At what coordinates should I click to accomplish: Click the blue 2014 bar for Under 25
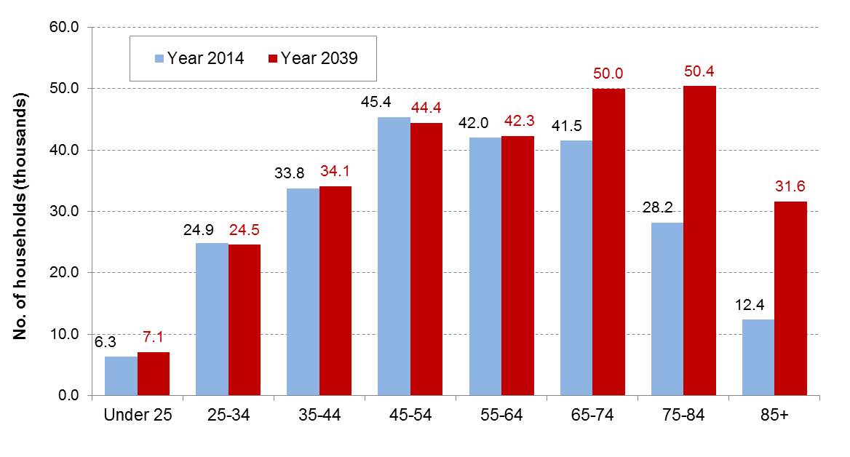(x=121, y=376)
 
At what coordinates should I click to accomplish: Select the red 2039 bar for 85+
(x=790, y=298)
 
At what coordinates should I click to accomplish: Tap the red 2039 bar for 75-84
(x=699, y=241)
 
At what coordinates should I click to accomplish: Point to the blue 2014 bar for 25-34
(x=212, y=319)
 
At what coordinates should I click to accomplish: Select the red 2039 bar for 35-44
(x=335, y=291)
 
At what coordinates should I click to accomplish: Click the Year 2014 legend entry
(x=199, y=58)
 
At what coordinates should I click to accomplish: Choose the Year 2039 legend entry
(x=313, y=58)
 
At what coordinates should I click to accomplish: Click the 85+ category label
(x=774, y=416)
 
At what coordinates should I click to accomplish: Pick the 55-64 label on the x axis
(x=501, y=416)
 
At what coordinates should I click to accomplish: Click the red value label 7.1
(x=154, y=337)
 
